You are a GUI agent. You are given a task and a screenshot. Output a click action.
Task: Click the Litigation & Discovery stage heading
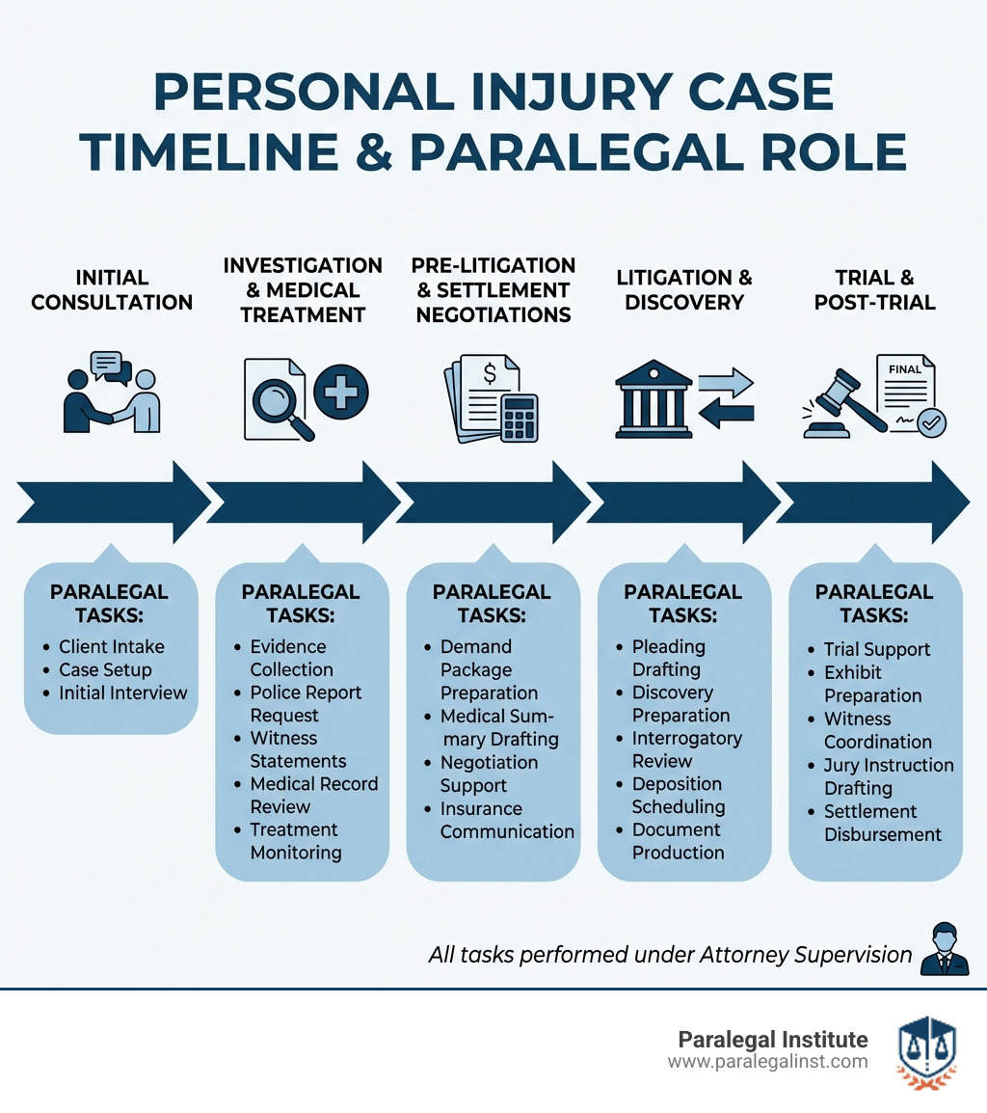coord(684,289)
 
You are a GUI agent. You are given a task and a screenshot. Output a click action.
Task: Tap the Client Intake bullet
coord(111,647)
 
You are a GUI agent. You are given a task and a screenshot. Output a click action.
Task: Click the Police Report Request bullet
coord(305,704)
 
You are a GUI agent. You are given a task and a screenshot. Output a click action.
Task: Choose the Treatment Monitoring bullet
coord(296,841)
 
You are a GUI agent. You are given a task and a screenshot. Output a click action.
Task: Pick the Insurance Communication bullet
coord(506,820)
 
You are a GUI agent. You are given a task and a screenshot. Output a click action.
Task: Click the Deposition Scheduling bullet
coord(678,795)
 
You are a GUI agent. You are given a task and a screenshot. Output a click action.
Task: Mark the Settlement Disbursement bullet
coord(882,823)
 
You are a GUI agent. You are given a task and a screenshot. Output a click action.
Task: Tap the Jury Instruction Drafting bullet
coord(887,776)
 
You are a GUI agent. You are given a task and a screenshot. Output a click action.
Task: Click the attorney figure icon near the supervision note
coord(945,950)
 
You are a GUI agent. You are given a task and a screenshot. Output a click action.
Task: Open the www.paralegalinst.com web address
coord(767,1062)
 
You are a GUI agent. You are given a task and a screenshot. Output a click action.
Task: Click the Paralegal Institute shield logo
coord(926,1050)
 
